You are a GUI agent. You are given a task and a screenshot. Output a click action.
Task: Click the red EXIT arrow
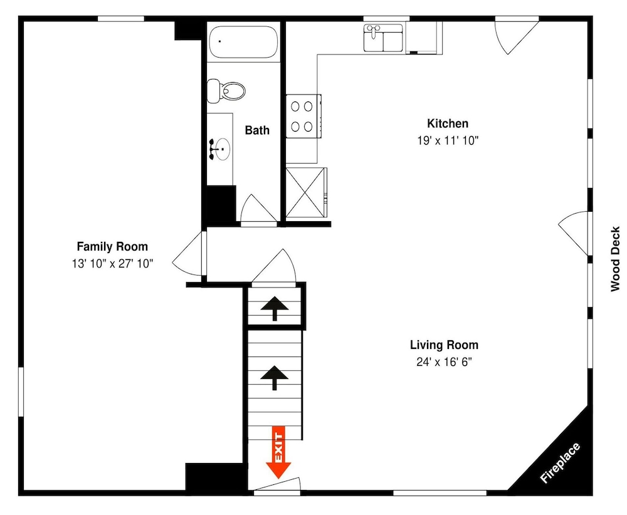pos(278,452)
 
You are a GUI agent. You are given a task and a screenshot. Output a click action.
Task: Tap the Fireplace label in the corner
pos(560,462)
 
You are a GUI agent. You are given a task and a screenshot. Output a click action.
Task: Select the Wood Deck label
pos(615,259)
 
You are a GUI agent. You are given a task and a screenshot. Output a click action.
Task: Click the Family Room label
pos(112,246)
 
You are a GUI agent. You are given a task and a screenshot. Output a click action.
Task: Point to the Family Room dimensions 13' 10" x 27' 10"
pos(112,264)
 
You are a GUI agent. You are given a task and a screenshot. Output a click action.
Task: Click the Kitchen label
pos(448,123)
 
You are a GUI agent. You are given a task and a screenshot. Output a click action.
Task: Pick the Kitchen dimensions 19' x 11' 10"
pos(448,140)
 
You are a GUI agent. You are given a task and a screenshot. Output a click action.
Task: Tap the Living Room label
pos(444,345)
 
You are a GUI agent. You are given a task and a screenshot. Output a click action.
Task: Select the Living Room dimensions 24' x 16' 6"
pos(444,362)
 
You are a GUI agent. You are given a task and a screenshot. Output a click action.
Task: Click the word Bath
pos(256,130)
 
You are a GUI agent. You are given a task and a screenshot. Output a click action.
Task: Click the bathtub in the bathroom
pos(243,42)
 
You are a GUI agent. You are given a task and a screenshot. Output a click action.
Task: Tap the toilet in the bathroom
pos(226,91)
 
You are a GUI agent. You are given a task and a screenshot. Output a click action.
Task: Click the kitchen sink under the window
pos(383,38)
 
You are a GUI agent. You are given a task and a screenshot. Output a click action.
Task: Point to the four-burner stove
pos(303,117)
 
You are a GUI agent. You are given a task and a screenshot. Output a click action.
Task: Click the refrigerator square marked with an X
pos(306,192)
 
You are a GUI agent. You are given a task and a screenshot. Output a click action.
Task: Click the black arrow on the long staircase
pos(275,377)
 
